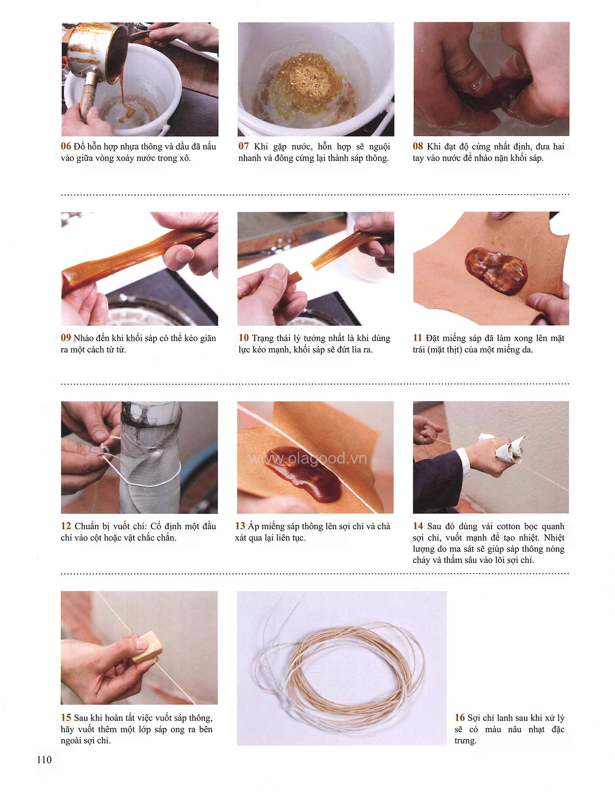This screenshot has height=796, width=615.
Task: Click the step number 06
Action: [x=66, y=146]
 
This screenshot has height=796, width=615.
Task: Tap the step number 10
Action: [x=244, y=338]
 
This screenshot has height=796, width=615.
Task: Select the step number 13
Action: [x=240, y=526]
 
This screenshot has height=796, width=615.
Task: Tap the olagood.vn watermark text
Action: [x=308, y=459]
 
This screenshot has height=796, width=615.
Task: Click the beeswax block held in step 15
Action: [x=147, y=649]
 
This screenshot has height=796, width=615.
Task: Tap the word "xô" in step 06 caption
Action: [x=186, y=158]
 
